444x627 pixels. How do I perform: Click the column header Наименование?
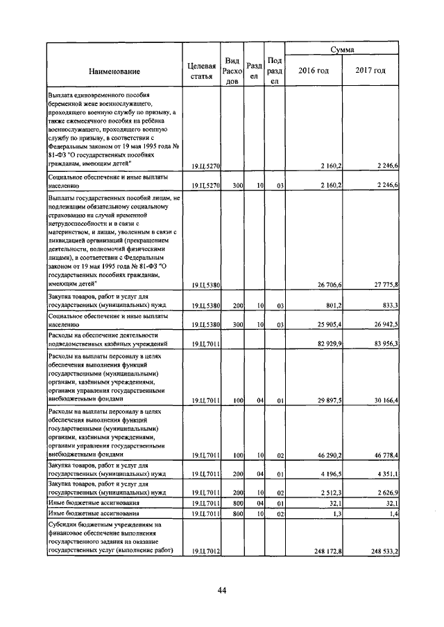pos(114,71)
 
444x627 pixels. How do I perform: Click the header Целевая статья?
pos(202,71)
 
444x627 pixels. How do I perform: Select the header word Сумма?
pos(342,50)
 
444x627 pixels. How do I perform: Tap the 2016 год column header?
pos(313,71)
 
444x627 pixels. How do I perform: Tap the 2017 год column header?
pos(370,71)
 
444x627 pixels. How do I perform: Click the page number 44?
pos(222,590)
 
